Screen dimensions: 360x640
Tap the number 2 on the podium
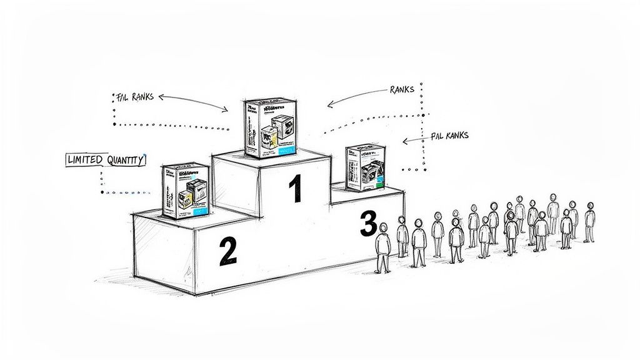[227, 251]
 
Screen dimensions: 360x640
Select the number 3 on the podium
[368, 224]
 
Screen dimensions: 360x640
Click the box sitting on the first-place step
[270, 127]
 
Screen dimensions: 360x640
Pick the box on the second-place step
[185, 190]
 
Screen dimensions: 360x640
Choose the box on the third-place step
[366, 167]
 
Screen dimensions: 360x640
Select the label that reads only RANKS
[401, 90]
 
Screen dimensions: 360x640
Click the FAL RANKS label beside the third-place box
[449, 135]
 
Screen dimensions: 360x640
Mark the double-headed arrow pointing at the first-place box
[194, 103]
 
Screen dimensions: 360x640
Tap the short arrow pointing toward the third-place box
[414, 141]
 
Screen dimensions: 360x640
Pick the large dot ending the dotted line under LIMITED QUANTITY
[102, 192]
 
